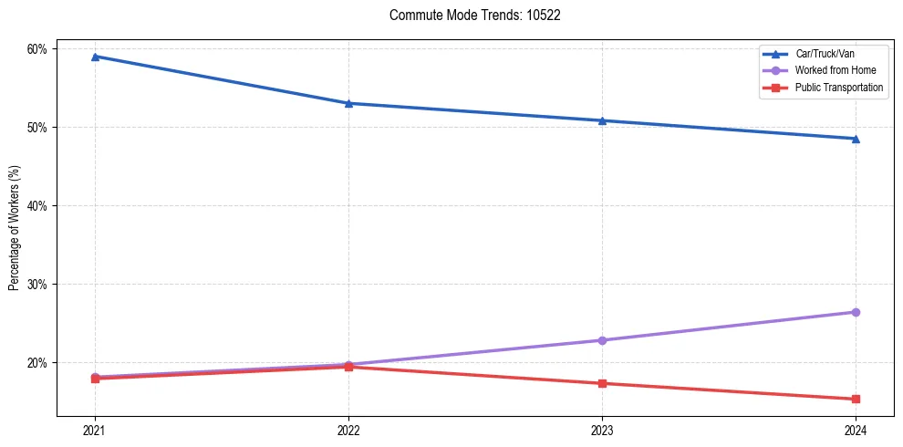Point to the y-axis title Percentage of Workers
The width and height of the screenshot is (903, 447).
pyautogui.click(x=15, y=228)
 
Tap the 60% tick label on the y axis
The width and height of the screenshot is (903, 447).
pyautogui.click(x=39, y=48)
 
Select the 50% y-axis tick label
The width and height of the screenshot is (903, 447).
pyautogui.click(x=39, y=127)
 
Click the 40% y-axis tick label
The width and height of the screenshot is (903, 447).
pyautogui.click(x=39, y=205)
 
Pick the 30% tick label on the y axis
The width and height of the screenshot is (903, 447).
pyautogui.click(x=39, y=284)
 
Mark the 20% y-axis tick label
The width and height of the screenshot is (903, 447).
pyautogui.click(x=39, y=362)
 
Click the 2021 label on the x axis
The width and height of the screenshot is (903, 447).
pyautogui.click(x=95, y=430)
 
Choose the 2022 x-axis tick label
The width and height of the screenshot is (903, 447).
pyautogui.click(x=348, y=430)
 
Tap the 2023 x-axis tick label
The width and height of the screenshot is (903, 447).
pyautogui.click(x=602, y=430)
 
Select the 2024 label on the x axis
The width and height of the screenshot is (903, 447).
pyautogui.click(x=856, y=430)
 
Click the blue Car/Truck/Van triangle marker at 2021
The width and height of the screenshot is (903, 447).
pyautogui.click(x=95, y=57)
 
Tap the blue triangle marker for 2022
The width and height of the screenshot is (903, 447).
pyautogui.click(x=348, y=103)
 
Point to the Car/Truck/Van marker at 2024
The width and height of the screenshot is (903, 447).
pyautogui.click(x=856, y=139)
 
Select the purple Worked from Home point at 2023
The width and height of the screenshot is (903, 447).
pyautogui.click(x=602, y=340)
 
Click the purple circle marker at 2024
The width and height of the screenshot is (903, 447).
pyautogui.click(x=856, y=312)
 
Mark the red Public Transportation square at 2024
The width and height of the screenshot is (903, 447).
pyautogui.click(x=856, y=399)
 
